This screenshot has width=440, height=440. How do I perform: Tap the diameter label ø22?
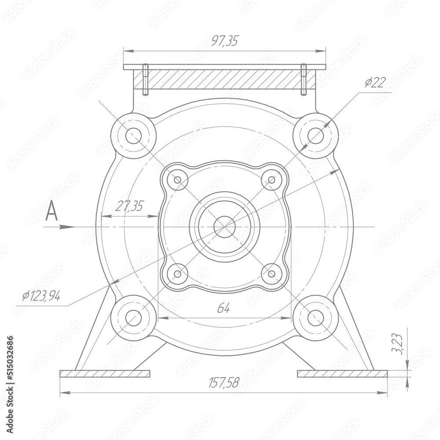[x=375, y=83]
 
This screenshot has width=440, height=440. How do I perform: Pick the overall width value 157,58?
[x=223, y=383]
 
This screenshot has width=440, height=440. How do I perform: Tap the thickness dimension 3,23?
[x=397, y=344]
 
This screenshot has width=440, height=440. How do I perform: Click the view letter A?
[x=52, y=211]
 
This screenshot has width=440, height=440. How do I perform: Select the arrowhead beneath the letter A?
[x=66, y=227]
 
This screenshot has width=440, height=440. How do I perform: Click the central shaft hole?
[x=224, y=227]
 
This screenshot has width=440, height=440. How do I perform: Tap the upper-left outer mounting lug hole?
[x=133, y=136]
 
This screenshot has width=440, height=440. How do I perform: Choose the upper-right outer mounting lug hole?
[x=315, y=136]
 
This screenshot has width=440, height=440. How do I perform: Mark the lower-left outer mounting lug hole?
[x=133, y=318]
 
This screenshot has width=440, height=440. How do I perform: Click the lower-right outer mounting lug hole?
[x=315, y=318]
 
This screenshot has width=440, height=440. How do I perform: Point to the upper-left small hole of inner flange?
[x=177, y=180]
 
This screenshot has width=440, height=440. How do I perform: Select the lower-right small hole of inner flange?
[x=271, y=274]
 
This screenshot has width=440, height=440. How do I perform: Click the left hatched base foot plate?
[x=105, y=374]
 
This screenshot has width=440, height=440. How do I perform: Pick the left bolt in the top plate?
[x=145, y=80]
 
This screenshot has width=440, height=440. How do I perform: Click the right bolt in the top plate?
[x=304, y=80]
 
